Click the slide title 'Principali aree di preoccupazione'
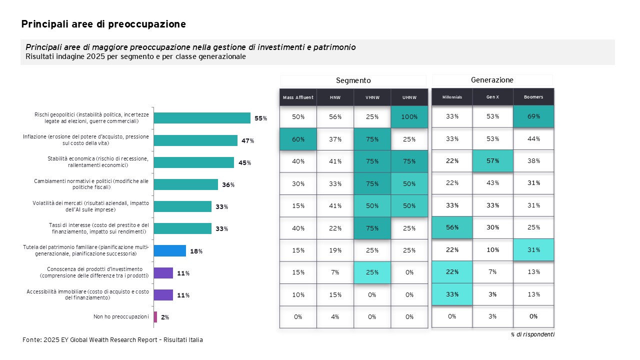[103, 24]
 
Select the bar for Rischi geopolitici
[202, 118]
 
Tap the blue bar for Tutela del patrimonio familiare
[170, 250]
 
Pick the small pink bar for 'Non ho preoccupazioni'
[155, 317]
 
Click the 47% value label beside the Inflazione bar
[247, 141]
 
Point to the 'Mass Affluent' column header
[298, 97]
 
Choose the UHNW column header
[409, 97]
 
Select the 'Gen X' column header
[492, 97]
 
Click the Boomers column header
[533, 97]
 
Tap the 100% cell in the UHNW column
[409, 117]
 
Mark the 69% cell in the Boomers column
[533, 116]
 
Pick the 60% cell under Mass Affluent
[298, 139]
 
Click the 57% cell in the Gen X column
[492, 161]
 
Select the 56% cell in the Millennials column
[452, 227]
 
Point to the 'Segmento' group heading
[353, 80]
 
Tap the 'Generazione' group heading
[492, 80]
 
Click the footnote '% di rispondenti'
[532, 334]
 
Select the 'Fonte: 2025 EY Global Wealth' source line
[112, 340]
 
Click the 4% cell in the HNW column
[335, 317]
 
